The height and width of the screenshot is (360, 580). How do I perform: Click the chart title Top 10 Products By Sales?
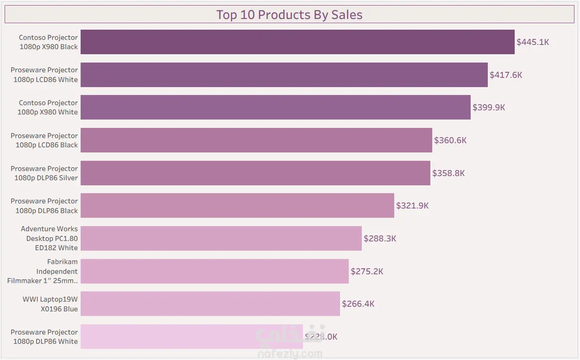pos(289,15)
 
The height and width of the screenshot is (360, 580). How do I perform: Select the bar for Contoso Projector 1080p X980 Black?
pos(297,42)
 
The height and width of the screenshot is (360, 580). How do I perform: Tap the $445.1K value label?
pos(533,42)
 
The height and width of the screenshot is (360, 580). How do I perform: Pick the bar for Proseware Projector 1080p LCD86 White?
pos(284,75)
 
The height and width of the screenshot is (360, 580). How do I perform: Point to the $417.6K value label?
pos(506,75)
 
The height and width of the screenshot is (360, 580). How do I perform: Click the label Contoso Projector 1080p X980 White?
pos(48,107)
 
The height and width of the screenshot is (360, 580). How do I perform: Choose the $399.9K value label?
pos(489,107)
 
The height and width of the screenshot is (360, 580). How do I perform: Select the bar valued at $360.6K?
pos(256,140)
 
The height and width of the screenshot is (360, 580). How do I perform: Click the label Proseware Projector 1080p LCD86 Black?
pos(44,140)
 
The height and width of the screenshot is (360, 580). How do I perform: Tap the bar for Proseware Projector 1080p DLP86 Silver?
pos(255,173)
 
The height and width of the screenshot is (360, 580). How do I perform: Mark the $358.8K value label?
pos(448,173)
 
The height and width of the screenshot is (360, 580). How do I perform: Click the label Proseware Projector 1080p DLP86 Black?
pos(44,206)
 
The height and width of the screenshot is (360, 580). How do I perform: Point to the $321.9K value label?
pos(412,206)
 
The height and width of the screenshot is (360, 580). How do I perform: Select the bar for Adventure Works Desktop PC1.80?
pos(221,239)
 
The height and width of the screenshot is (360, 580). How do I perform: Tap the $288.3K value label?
pos(380,239)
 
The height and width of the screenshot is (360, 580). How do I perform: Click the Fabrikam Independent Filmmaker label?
pos(44,271)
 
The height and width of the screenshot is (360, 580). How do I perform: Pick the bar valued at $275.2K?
pos(214,272)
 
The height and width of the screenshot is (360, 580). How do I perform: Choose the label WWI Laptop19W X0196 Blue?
pos(50,304)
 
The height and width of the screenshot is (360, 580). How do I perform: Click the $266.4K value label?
pos(358,304)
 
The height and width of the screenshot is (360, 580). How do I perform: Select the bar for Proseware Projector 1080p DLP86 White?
pos(191,337)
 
